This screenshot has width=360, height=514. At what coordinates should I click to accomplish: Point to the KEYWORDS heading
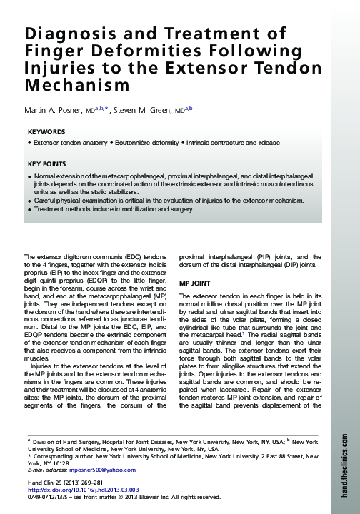pyautogui.click(x=46, y=133)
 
